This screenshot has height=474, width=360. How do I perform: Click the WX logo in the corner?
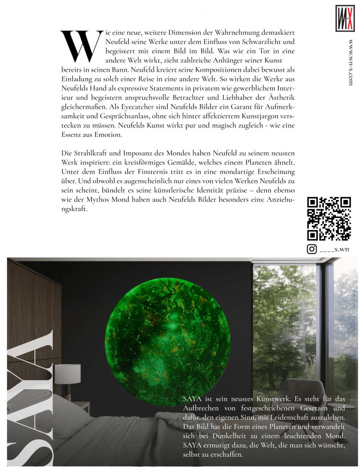click(x=345, y=18)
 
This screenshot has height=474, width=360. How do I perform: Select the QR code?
click(x=329, y=218)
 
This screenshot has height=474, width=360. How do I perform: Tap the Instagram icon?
click(x=312, y=249)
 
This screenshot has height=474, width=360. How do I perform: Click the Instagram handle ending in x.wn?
click(x=335, y=249)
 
